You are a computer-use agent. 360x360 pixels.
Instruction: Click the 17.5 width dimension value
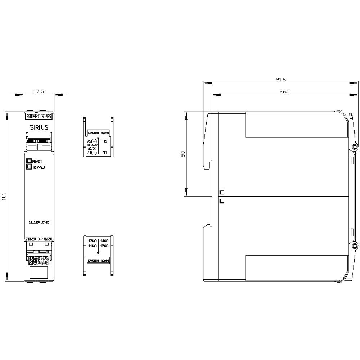[39, 91]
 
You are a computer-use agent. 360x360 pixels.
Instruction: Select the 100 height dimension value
[4, 197]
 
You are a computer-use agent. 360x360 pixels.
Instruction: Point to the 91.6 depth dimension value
[280, 80]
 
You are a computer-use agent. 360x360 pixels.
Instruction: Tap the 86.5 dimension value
[284, 91]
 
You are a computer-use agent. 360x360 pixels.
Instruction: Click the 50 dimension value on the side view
[183, 154]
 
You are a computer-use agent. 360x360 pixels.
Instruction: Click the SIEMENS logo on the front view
[39, 116]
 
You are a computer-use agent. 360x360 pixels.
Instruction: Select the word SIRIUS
[39, 127]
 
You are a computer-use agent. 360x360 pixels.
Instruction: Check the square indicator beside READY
[28, 161]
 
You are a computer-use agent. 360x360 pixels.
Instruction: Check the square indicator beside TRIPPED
[28, 167]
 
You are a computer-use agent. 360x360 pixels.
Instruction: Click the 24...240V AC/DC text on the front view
[39, 222]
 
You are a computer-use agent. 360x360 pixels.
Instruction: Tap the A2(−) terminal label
[92, 141]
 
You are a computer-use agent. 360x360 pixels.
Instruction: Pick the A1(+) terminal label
[92, 153]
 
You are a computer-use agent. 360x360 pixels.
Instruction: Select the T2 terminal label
[105, 141]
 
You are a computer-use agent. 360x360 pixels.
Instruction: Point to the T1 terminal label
[105, 153]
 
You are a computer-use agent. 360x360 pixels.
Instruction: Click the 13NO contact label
[93, 240]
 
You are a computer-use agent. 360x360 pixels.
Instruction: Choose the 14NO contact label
[104, 240]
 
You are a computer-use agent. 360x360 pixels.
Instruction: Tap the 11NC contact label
[93, 246]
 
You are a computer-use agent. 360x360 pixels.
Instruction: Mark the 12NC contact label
[104, 246]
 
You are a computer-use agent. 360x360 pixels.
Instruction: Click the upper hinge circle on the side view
[355, 147]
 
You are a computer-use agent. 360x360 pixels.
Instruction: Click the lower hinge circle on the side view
[355, 246]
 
